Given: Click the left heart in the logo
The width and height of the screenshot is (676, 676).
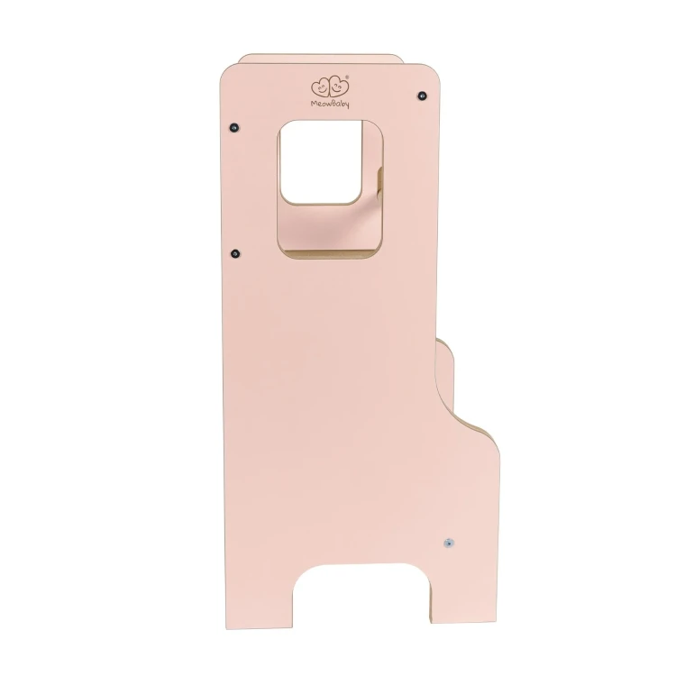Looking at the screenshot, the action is (x=320, y=87).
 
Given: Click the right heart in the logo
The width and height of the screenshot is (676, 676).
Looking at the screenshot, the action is (x=339, y=87).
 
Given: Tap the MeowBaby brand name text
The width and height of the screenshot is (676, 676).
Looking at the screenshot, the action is (x=330, y=104).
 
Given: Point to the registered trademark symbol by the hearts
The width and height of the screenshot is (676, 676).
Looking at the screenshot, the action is (x=348, y=78).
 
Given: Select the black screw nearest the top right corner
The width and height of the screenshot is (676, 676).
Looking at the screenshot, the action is (x=423, y=96).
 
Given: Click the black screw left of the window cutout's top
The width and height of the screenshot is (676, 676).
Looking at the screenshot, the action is (x=234, y=128).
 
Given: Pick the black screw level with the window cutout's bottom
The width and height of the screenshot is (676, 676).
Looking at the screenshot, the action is (x=235, y=253).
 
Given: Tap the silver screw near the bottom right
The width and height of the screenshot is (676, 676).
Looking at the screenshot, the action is (x=449, y=543).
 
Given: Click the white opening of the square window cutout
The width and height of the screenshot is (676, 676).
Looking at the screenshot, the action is (x=321, y=161).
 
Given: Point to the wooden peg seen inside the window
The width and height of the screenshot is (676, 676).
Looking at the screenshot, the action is (x=379, y=184).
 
